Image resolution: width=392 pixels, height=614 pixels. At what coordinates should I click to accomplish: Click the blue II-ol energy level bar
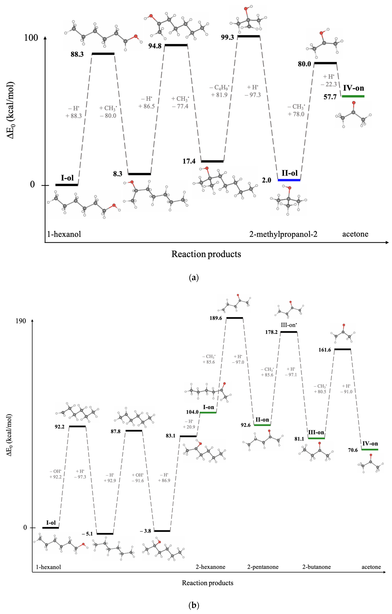[289, 180]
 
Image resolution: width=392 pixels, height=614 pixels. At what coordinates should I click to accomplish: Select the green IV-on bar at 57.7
[353, 96]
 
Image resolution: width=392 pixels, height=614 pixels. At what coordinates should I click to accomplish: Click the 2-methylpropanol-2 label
[283, 234]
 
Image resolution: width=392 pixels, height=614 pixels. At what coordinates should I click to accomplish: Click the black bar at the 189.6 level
[235, 318]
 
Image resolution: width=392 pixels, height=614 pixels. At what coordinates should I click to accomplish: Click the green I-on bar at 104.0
[208, 412]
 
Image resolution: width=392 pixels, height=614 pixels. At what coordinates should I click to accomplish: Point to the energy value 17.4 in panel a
[189, 161]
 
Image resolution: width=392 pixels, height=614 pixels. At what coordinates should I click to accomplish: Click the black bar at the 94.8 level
[176, 45]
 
